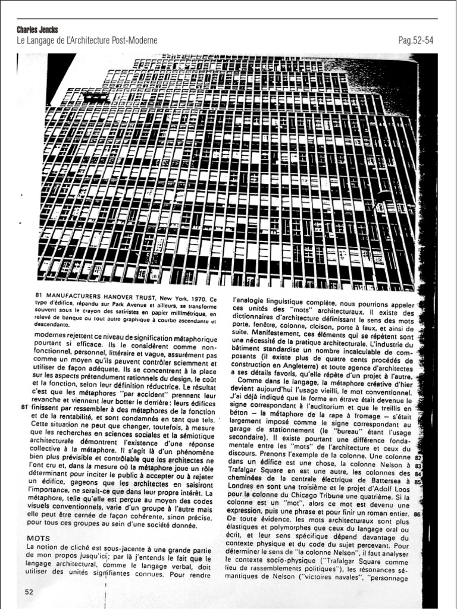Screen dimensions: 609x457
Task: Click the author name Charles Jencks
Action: (37, 29)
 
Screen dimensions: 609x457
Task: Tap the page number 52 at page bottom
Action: (29, 591)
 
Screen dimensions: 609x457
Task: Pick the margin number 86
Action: (417, 514)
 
